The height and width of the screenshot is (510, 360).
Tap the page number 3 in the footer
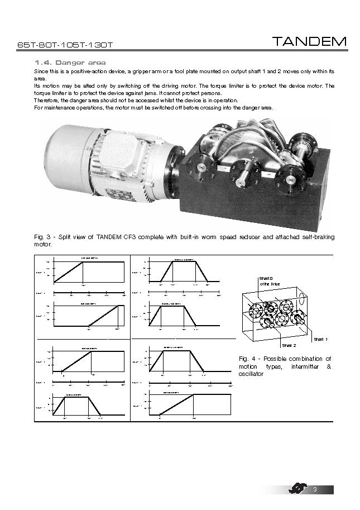pyautogui.click(x=315, y=490)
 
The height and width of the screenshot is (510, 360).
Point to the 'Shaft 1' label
pyautogui.click(x=320, y=339)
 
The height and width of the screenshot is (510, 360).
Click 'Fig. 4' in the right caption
pyautogui.click(x=247, y=359)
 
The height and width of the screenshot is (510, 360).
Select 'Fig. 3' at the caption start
pyautogui.click(x=42, y=237)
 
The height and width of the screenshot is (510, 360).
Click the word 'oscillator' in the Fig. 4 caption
pyautogui.click(x=250, y=374)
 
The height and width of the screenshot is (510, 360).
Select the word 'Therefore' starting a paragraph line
pyautogui.click(x=47, y=100)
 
